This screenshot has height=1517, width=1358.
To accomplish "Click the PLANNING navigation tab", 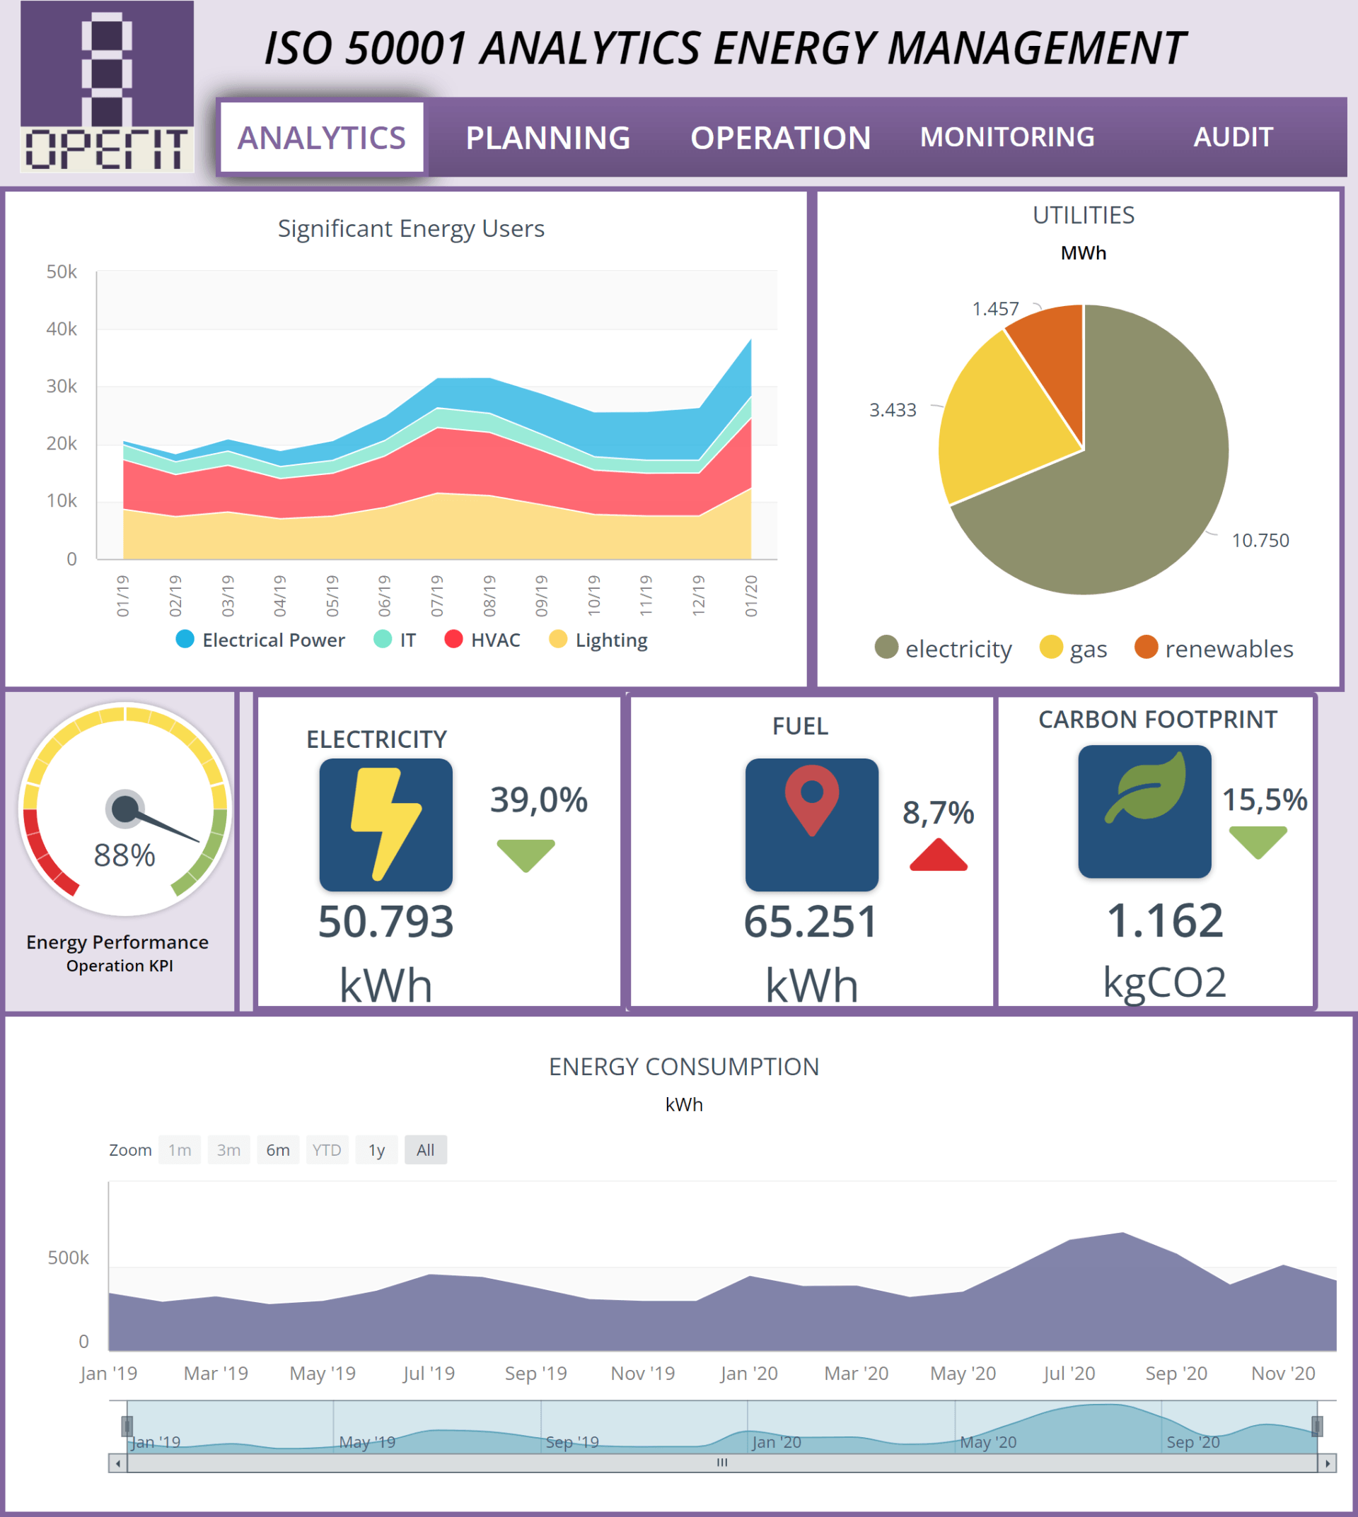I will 547,138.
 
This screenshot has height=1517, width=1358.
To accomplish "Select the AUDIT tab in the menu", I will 1233,137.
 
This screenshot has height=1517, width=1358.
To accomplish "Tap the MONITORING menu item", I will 1006,137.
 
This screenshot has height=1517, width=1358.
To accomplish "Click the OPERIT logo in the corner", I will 107,86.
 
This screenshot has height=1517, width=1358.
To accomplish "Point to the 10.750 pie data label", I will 1260,541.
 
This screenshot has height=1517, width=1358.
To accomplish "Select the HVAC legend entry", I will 483,640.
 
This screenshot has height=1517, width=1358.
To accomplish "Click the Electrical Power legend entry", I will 260,640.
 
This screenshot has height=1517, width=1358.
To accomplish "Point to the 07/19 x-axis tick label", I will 437,595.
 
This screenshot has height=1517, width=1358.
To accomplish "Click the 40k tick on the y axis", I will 62,329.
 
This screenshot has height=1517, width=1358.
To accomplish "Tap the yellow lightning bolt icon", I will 385,824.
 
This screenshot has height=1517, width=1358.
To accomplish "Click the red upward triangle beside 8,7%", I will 938,855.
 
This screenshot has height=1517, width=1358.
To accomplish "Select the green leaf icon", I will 1144,788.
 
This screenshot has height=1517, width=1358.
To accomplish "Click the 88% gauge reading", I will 124,855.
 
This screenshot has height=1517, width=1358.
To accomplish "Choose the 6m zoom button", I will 277,1150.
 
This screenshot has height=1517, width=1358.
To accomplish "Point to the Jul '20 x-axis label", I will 1069,1373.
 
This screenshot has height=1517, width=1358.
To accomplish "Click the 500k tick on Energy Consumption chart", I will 68,1258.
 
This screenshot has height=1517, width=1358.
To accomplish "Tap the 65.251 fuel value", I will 811,921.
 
